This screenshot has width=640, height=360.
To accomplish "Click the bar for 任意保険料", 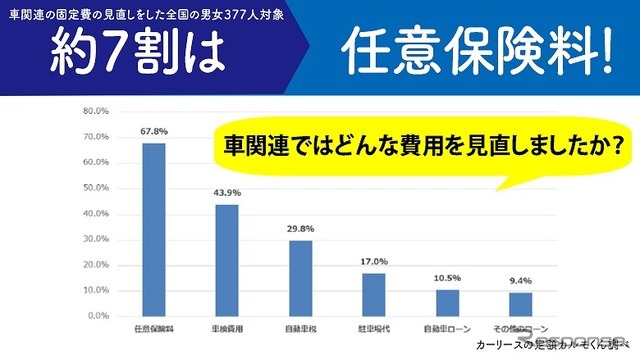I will coord(154,229).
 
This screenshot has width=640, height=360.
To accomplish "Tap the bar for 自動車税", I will coord(300,278).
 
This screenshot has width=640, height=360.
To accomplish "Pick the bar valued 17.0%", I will coord(373,294).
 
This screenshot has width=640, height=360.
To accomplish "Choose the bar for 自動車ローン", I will coord(446,302).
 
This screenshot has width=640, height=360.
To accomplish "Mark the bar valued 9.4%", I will coord(520,304).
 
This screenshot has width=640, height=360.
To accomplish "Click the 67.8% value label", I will coord(154,129).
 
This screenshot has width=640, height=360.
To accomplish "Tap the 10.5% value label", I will coord(446,277).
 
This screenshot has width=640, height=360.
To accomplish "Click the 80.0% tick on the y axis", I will coord(95,111).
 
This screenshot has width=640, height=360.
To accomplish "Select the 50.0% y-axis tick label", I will coord(95,188).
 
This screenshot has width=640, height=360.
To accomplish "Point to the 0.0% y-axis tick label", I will coord(97,316).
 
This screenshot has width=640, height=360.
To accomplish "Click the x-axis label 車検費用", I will coord(227,329).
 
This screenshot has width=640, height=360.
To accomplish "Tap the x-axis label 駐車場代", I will coord(373,329).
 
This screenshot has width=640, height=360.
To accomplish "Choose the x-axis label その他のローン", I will coord(519,329).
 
